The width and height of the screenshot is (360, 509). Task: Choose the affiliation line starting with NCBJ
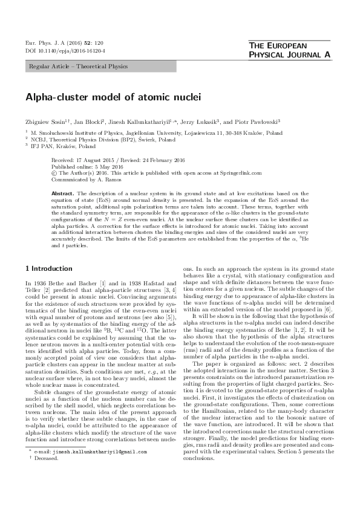coord(90,138)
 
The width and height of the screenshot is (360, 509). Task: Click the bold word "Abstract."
coord(63,193)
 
